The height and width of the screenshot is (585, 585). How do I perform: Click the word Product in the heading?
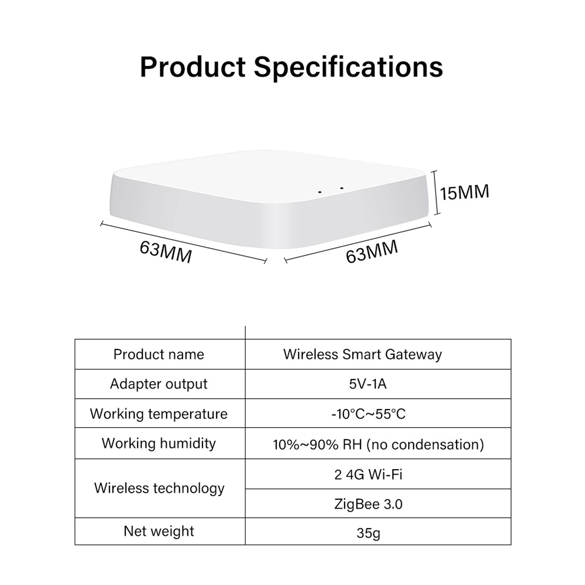(193, 67)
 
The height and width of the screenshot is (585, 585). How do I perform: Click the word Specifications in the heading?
(348, 67)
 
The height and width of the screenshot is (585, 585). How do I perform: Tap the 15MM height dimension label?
(464, 192)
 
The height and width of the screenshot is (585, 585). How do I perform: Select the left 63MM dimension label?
(166, 252)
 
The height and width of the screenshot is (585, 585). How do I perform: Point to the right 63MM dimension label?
(372, 252)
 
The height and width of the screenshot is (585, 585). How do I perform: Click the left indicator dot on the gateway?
(320, 192)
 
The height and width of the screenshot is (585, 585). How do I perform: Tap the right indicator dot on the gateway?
(342, 189)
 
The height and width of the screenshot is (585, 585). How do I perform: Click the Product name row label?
(159, 354)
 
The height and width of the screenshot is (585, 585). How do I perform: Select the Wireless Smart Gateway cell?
(363, 354)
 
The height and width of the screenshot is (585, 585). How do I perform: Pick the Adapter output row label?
(159, 384)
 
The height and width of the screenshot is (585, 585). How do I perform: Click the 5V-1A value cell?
(368, 384)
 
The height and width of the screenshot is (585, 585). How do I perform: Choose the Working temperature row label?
(159, 413)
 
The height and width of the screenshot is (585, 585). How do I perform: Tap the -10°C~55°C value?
(368, 413)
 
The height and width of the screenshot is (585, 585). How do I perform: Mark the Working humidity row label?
(159, 443)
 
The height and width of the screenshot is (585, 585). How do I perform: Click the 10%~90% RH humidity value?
(378, 444)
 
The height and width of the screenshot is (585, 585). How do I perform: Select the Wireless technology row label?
(160, 488)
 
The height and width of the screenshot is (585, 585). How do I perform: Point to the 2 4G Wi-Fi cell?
(368, 474)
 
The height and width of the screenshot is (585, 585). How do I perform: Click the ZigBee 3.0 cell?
(368, 504)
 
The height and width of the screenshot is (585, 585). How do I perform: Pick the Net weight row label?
(159, 531)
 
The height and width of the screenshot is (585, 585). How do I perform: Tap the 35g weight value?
(368, 532)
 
